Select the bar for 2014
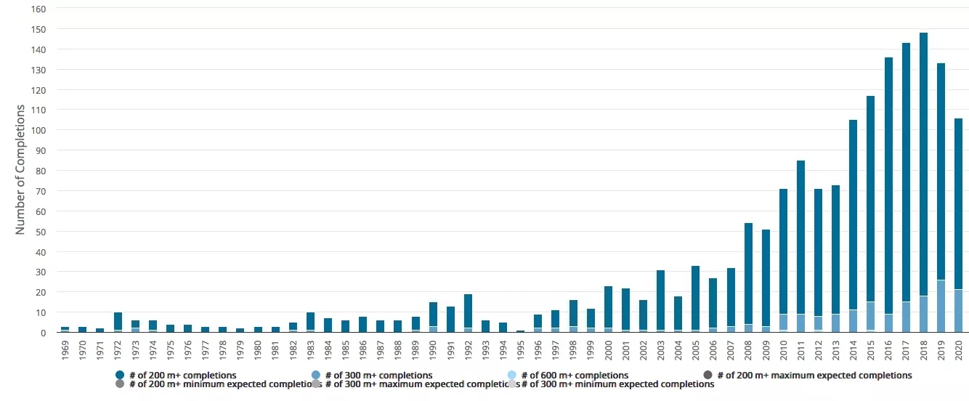(854, 218)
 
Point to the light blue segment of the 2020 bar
(958, 311)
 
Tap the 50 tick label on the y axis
(41, 232)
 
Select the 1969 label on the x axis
(65, 349)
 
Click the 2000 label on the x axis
(608, 349)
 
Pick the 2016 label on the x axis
(888, 349)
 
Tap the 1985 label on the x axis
(345, 349)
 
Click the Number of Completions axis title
(20, 169)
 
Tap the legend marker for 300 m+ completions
(316, 375)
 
